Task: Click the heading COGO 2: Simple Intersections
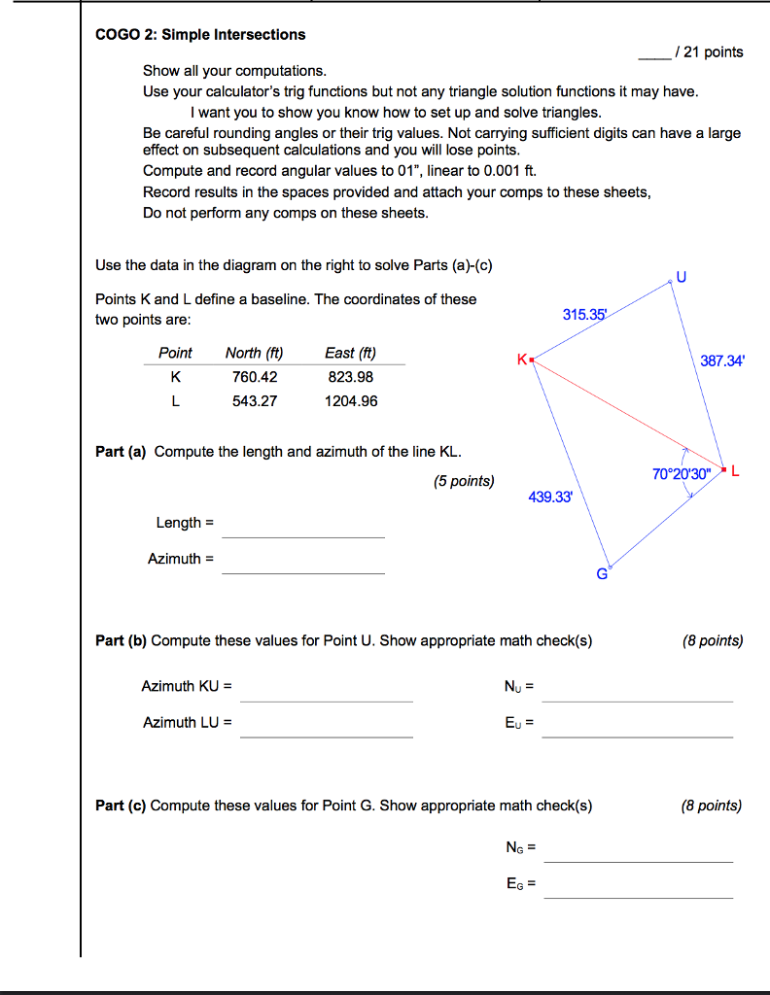200,35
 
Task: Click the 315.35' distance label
583,315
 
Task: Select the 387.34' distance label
722,361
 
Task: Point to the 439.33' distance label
550,497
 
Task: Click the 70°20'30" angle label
682,474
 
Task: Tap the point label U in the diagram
681,276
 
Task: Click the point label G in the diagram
602,574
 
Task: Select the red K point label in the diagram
522,360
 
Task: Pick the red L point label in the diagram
735,472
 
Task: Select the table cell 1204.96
351,401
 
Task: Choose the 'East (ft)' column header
351,353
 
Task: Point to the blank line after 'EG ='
638,892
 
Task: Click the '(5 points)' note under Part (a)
463,481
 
